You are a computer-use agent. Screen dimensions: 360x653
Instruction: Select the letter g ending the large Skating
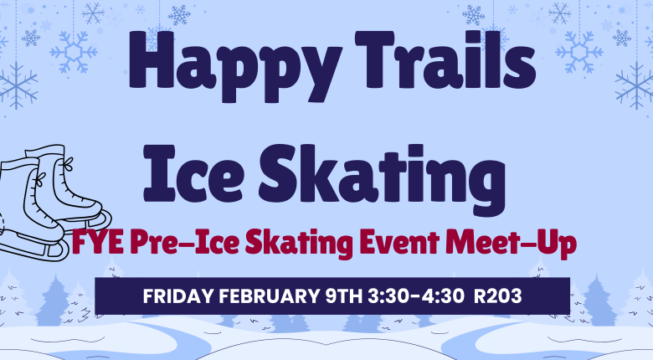pyautogui.click(x=484, y=177)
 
